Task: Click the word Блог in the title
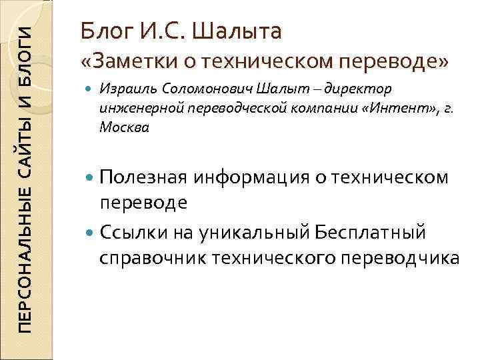coord(105,31)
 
